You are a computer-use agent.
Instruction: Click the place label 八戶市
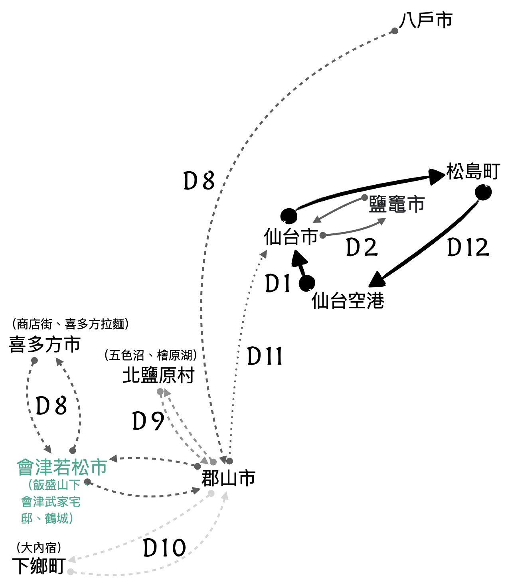426,20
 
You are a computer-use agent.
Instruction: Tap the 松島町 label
473,172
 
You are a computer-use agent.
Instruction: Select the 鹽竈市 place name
396,204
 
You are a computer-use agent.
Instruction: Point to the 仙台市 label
291,237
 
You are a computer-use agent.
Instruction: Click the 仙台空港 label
348,301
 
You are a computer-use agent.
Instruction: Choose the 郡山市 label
228,478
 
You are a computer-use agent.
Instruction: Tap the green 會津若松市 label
62,468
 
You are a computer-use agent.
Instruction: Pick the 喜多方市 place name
45,344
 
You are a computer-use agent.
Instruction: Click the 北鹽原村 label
158,375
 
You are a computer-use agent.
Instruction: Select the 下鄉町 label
39,566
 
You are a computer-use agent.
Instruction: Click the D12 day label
468,248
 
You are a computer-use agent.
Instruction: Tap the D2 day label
362,248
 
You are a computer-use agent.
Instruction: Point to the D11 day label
265,356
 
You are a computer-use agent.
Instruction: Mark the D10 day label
164,548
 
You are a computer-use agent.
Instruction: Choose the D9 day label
148,421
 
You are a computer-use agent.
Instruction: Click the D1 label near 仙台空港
278,284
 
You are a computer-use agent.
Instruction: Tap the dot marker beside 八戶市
394,31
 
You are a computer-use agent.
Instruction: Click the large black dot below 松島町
483,193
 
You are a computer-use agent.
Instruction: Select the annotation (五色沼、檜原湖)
150,355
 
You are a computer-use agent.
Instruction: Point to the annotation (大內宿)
39,548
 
